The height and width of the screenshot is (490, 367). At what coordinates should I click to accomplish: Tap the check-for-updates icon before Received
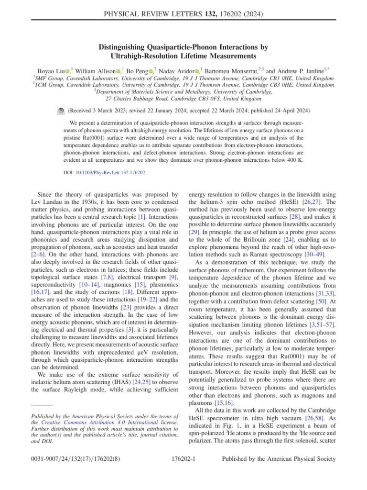(x=61, y=111)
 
